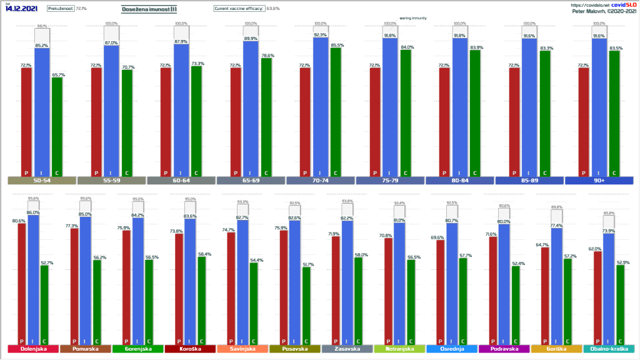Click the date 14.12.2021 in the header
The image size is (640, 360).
[22, 9]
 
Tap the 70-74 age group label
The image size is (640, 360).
[320, 181]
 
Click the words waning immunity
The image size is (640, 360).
[413, 18]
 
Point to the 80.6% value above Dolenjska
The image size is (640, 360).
[18, 221]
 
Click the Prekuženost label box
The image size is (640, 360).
[60, 9]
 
